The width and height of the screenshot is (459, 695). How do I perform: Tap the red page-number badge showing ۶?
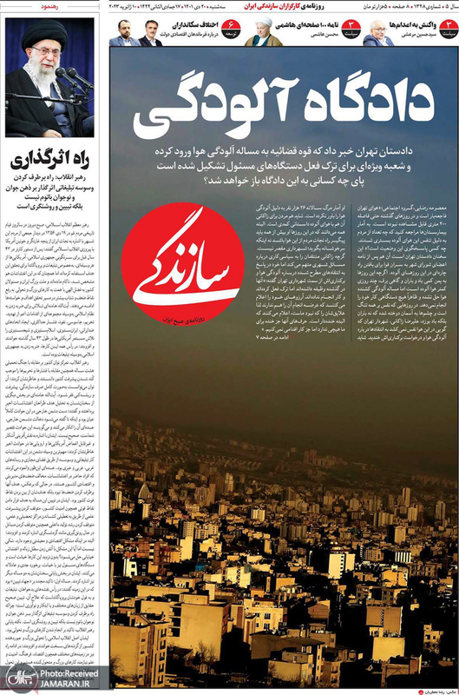point(231,32)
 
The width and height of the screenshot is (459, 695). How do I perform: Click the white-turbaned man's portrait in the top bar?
point(261,33)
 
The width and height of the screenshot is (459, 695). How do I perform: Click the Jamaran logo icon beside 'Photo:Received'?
point(17,678)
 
